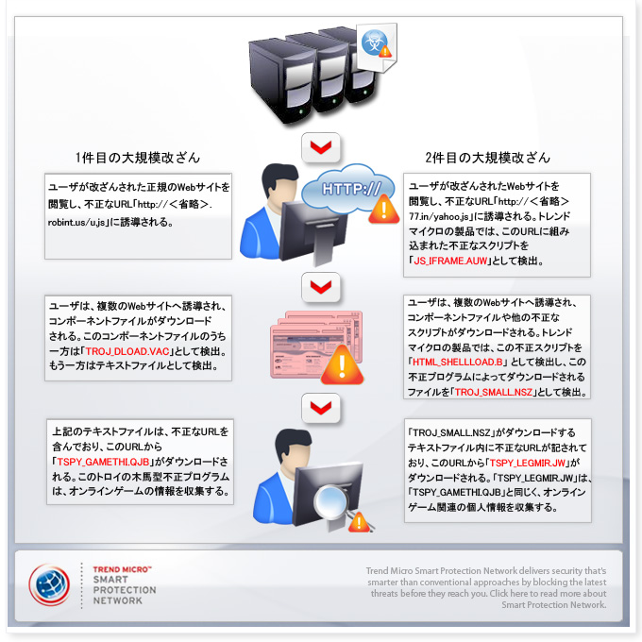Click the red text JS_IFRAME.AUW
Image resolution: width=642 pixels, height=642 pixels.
[450, 261]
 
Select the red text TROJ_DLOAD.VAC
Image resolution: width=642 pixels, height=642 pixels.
[127, 351]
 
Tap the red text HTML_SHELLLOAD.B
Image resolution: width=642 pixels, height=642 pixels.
[457, 362]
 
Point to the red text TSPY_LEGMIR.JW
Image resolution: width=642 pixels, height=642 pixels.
[528, 463]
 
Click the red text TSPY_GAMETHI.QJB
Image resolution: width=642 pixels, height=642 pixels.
[103, 462]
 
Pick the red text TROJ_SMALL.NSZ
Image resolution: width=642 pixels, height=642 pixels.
[494, 392]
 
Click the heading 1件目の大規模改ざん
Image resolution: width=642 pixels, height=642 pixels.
[138, 158]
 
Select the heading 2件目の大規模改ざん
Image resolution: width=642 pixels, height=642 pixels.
[487, 158]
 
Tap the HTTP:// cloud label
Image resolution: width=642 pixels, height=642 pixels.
[351, 189]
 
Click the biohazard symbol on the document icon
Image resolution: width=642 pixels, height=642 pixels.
[374, 42]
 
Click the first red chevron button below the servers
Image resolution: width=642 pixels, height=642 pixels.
[321, 147]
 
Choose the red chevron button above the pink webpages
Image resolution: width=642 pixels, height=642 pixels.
[321, 287]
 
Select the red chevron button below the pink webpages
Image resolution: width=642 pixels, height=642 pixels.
[321, 408]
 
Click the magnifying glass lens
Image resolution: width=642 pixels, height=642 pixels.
[331, 501]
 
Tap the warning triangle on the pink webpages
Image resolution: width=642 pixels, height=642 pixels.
[342, 365]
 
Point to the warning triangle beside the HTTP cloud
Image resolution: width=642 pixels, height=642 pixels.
[383, 209]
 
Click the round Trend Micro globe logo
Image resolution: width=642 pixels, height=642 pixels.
[49, 584]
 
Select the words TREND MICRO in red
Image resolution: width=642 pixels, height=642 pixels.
[122, 569]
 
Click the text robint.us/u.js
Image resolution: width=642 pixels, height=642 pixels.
[76, 222]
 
